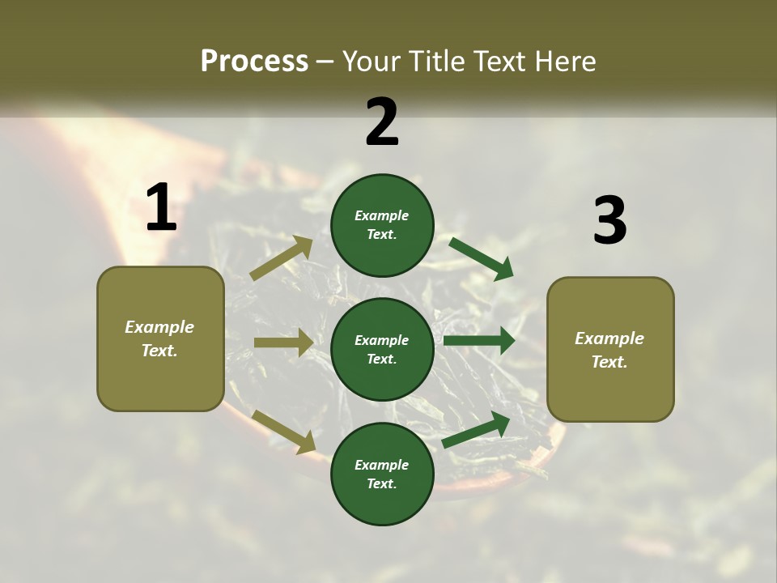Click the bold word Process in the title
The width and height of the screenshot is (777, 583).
tap(254, 62)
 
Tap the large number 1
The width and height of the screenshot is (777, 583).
tap(161, 208)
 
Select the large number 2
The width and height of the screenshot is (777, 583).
tap(382, 122)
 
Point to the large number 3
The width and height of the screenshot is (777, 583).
tap(609, 220)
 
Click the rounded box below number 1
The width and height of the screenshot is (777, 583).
tap(160, 338)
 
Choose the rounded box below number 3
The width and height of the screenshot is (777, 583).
tap(610, 349)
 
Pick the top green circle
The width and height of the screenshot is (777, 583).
tap(382, 225)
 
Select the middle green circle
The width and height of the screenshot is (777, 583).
tap(382, 349)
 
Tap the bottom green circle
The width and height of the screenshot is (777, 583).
tap(382, 474)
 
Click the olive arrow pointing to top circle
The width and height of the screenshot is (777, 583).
tap(282, 257)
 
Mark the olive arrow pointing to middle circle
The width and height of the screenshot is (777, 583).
tap(283, 343)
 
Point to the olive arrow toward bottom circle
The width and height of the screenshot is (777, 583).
tap(283, 431)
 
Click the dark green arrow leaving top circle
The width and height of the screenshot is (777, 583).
tap(482, 259)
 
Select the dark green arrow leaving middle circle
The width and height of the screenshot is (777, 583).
tap(479, 341)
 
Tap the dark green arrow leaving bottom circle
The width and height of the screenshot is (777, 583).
tap(477, 430)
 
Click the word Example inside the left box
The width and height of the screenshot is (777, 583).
tap(159, 327)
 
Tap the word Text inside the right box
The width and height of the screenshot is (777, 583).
tap(609, 362)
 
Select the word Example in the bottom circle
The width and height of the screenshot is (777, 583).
tap(382, 465)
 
